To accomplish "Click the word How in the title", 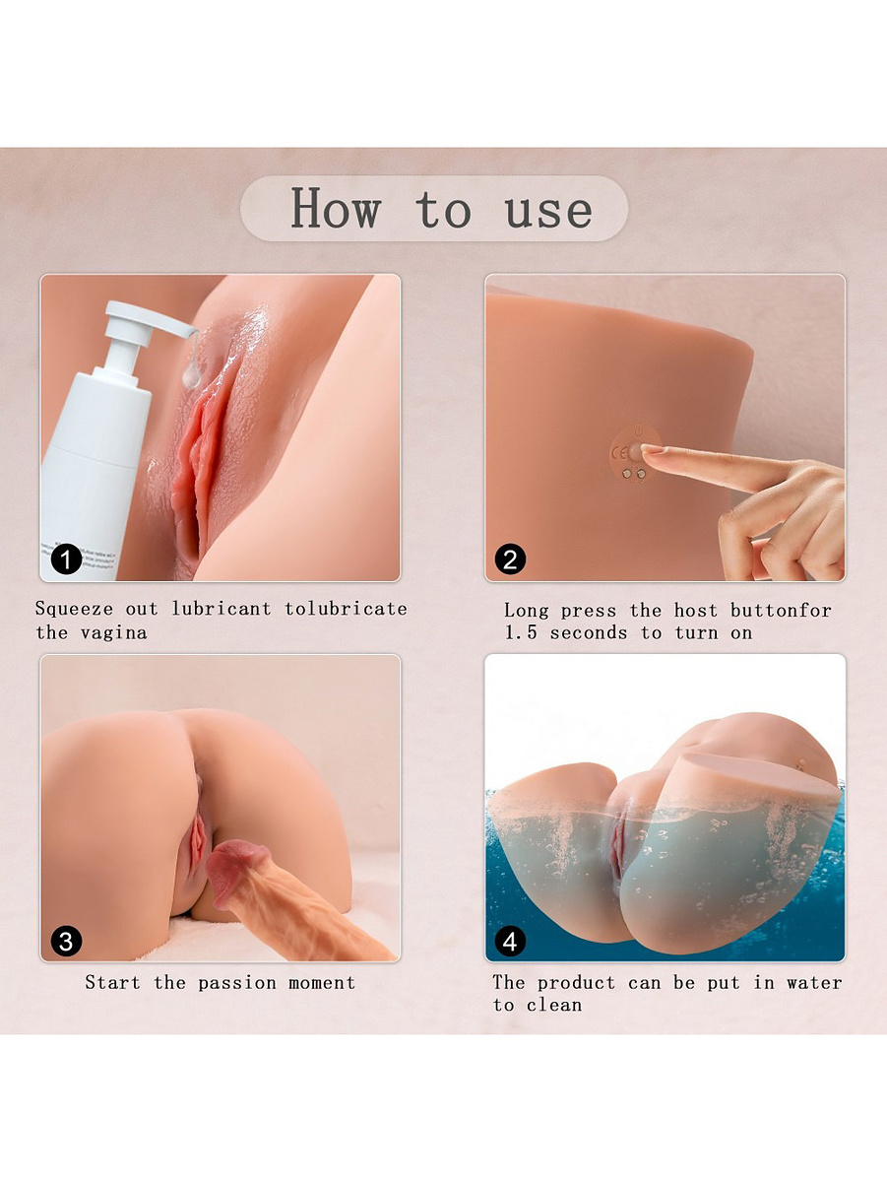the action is [x=337, y=208].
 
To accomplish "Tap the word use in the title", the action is [x=548, y=212].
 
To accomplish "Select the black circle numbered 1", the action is [x=66, y=559].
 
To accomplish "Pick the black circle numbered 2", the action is [x=510, y=559].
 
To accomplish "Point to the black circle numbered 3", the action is [x=66, y=941].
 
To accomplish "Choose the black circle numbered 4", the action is [x=510, y=941].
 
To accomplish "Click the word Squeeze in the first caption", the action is [x=74, y=610].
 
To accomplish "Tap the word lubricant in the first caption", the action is [x=222, y=609].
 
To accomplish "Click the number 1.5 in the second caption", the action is [x=521, y=632].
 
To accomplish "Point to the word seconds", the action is [x=589, y=632].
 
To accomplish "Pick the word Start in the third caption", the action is [x=112, y=983].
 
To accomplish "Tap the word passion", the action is [x=237, y=984].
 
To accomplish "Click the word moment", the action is [x=322, y=983].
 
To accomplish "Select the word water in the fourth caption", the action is [x=814, y=983].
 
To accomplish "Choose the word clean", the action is [x=554, y=1005].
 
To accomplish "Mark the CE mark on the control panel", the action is [x=620, y=453].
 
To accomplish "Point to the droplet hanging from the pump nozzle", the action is [x=192, y=375].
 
